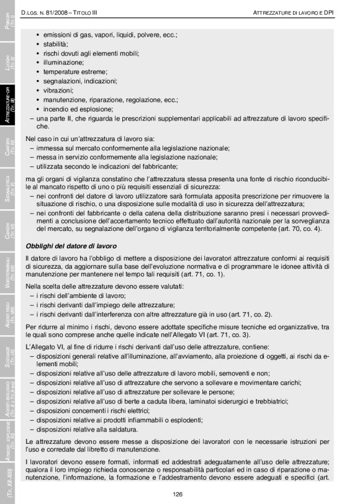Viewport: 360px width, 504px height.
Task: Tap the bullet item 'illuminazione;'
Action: click(64, 63)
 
